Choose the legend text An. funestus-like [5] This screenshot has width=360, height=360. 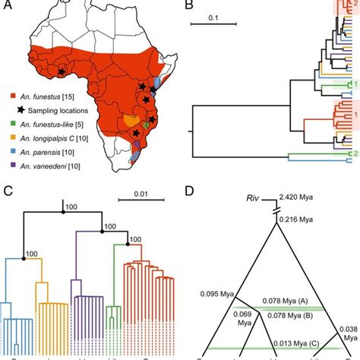(52, 121)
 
